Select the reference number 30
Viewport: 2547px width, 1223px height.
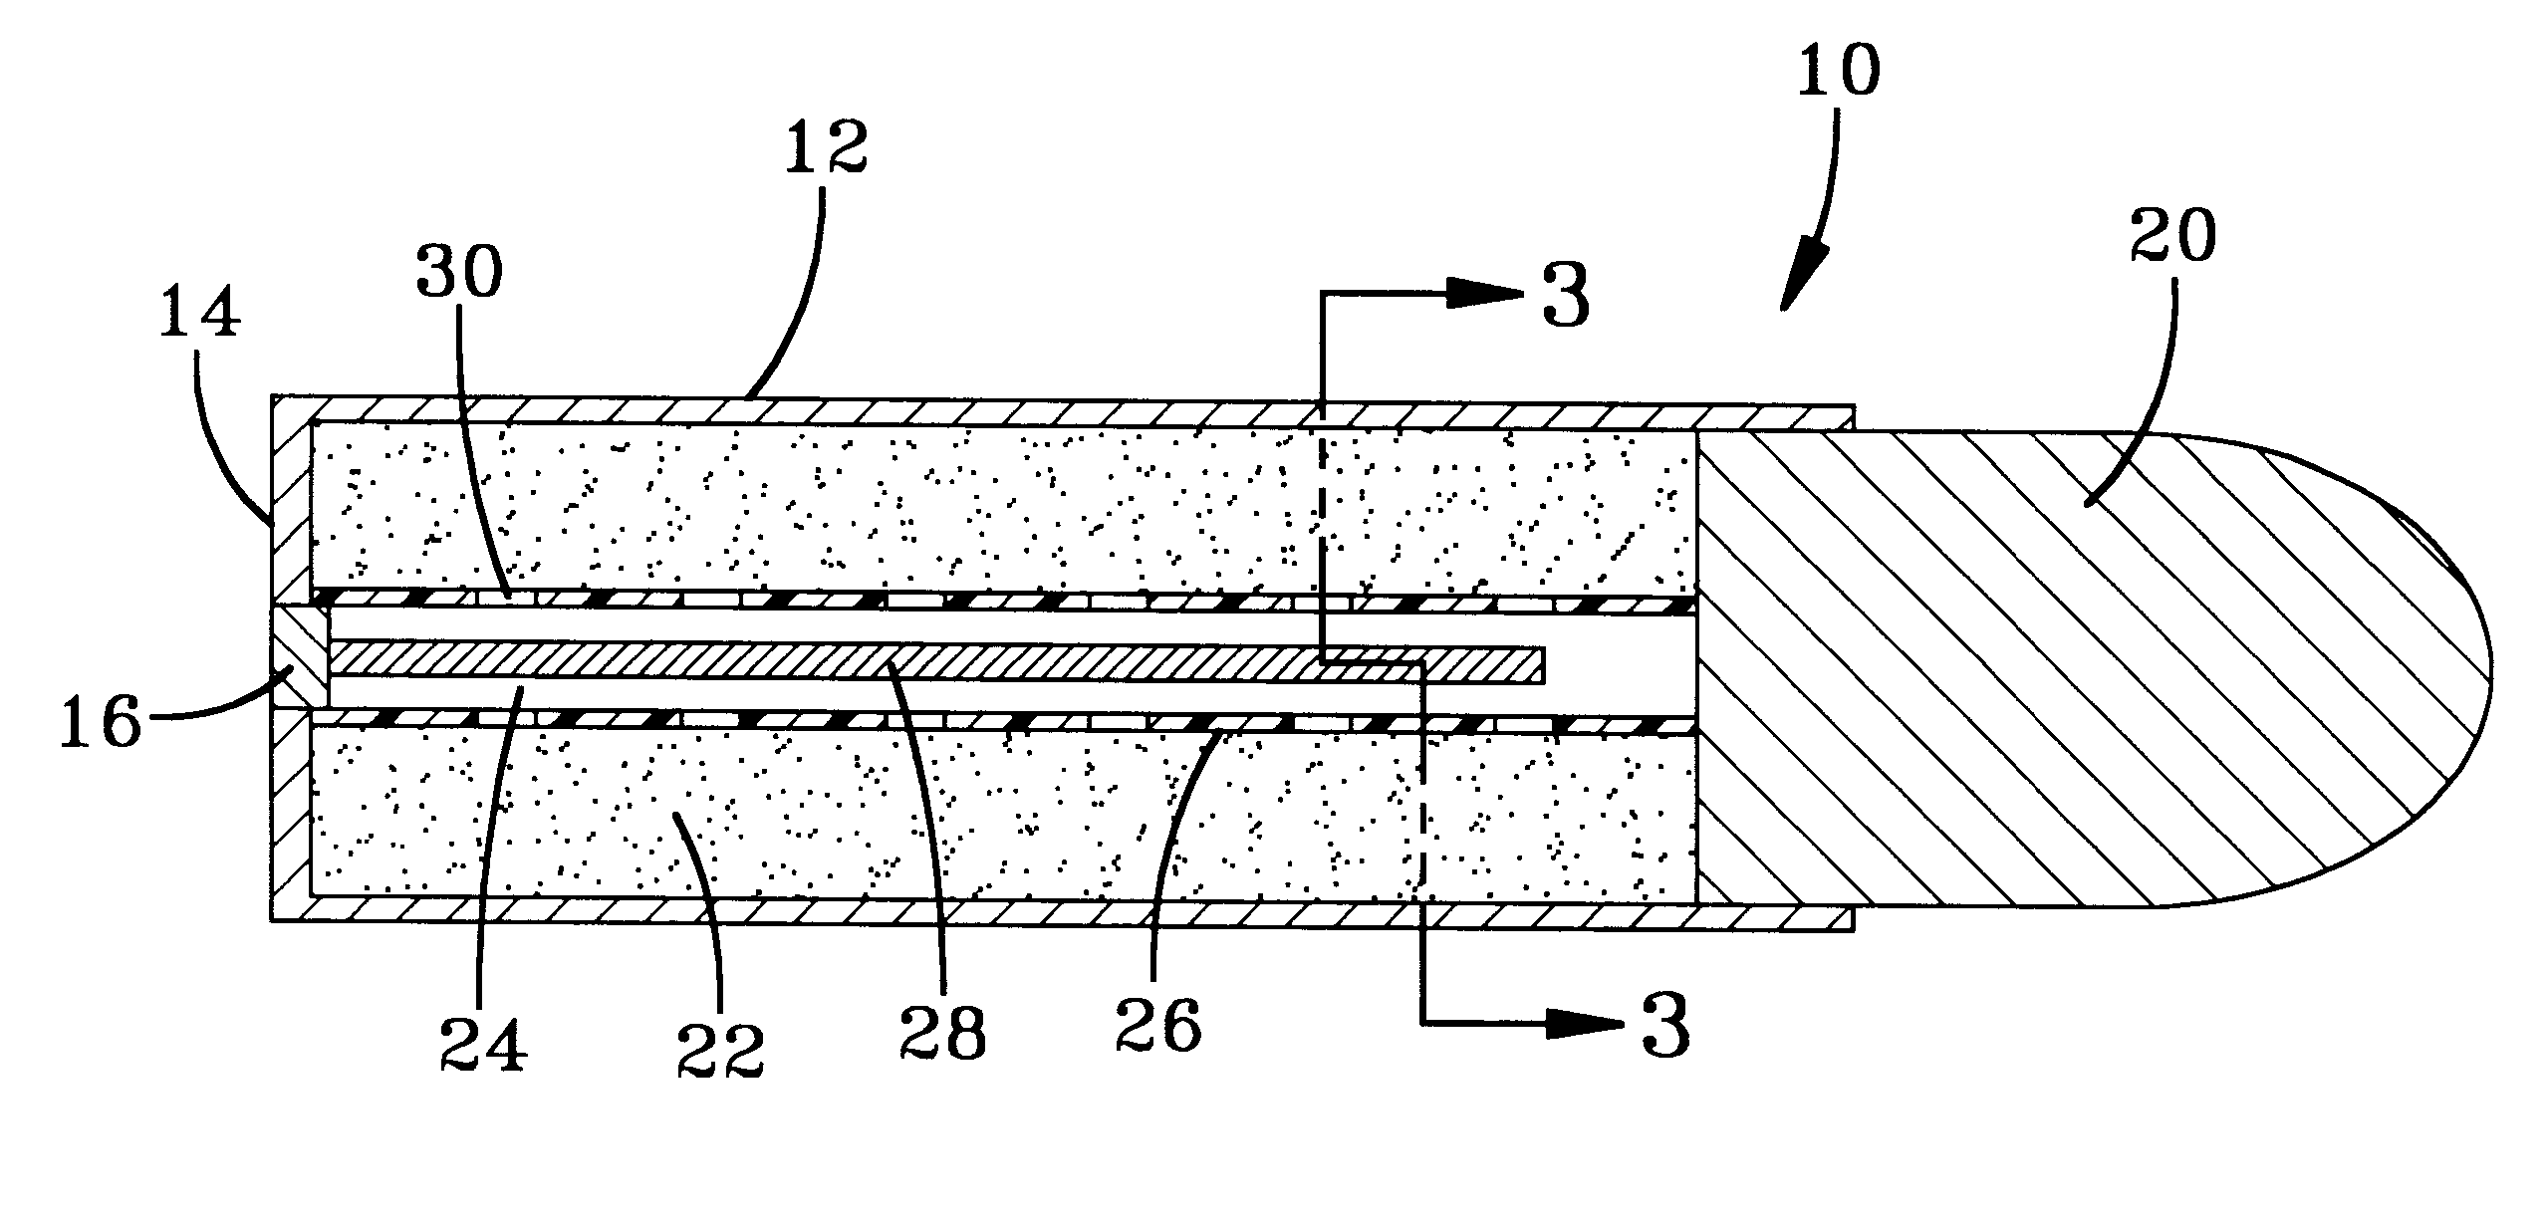(459, 272)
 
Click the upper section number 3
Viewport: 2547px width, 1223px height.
(1565, 297)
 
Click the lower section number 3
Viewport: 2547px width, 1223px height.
(1665, 1026)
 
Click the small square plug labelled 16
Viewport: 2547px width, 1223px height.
(300, 670)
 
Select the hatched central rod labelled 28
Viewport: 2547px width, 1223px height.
(936, 663)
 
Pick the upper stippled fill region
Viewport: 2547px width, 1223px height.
(996, 508)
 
